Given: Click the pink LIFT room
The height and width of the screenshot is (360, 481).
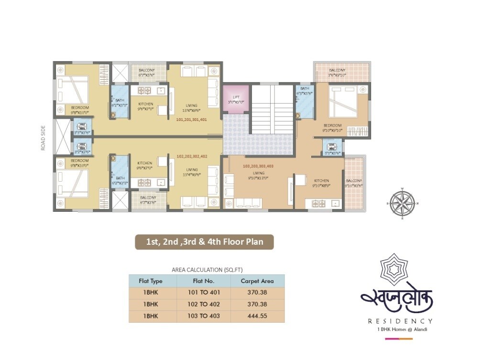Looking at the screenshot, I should [236, 99].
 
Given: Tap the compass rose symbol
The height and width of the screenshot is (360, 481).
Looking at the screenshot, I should [402, 203].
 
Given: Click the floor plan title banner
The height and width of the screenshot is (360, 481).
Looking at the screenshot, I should [204, 242].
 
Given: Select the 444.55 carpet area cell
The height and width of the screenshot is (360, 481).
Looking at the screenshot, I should [257, 316].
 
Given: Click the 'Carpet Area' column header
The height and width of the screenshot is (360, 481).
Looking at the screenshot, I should [257, 281].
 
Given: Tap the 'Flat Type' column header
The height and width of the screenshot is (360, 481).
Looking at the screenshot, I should [151, 281].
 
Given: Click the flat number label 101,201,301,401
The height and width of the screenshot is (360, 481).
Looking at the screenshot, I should [191, 120].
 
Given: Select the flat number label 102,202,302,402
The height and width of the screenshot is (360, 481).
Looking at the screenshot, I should [192, 156].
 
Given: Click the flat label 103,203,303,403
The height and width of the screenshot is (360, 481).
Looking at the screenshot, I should [258, 166].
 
